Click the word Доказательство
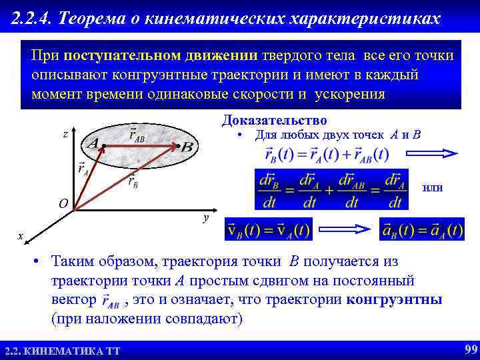(x=274, y=121)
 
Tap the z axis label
(x=65, y=134)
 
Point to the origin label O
(x=63, y=204)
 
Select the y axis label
(x=206, y=218)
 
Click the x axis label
(x=21, y=236)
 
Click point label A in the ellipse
(x=93, y=143)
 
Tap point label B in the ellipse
(x=187, y=146)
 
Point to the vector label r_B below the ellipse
(x=133, y=181)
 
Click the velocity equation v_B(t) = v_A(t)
(x=269, y=230)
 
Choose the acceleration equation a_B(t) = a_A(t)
(x=421, y=230)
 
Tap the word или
(x=433, y=189)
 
